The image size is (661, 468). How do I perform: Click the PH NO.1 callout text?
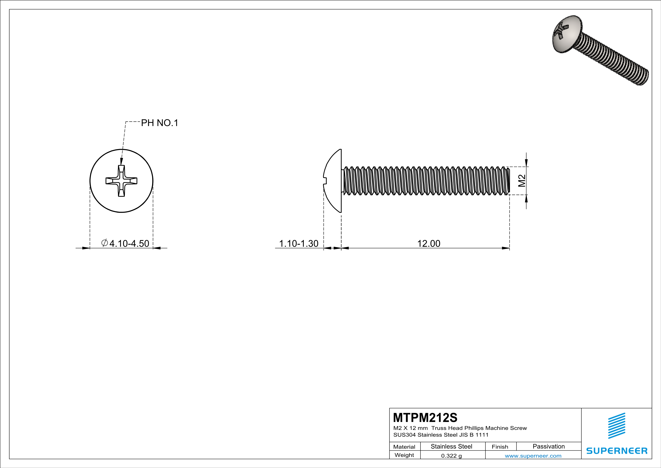(159, 123)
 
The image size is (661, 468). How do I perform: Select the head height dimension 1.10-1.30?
(299, 243)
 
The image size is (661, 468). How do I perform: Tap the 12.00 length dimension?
(429, 243)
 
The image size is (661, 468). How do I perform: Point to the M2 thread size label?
(522, 181)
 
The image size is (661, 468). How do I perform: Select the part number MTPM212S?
(425, 418)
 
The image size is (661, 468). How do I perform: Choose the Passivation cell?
(548, 446)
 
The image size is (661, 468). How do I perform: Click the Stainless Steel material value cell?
(451, 446)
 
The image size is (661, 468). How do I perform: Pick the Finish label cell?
(500, 447)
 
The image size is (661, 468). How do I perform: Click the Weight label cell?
(404, 455)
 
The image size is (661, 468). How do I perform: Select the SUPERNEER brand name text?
(617, 451)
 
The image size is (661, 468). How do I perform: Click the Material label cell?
(404, 447)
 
